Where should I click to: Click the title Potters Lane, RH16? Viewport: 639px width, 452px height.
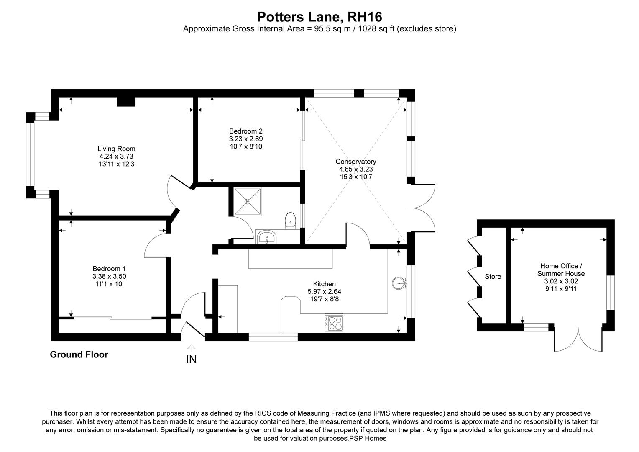coord(319,17)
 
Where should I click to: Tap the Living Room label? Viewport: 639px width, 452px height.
coord(116,149)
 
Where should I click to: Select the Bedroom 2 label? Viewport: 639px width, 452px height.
coord(245,131)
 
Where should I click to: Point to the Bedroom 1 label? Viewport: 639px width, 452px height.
coord(109,269)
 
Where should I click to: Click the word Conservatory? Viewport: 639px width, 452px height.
coord(356,162)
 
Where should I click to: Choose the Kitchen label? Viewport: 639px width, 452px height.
coord(325,284)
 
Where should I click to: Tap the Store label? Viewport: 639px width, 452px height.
coord(493,276)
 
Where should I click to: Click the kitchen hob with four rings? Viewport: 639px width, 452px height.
coord(334,323)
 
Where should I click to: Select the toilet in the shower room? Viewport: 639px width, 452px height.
coord(291,221)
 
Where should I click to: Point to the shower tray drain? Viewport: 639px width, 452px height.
coord(248,202)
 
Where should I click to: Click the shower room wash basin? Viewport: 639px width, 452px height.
coord(267,238)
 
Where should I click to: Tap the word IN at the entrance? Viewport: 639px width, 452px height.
coord(192,360)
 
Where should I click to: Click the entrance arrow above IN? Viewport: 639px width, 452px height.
coord(191,348)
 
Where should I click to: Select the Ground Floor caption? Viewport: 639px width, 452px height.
coord(79,354)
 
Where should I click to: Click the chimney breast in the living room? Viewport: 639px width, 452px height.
coord(126,102)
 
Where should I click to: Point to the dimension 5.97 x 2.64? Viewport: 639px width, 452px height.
coord(325,292)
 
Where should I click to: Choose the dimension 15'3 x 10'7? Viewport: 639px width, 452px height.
coord(356,177)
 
